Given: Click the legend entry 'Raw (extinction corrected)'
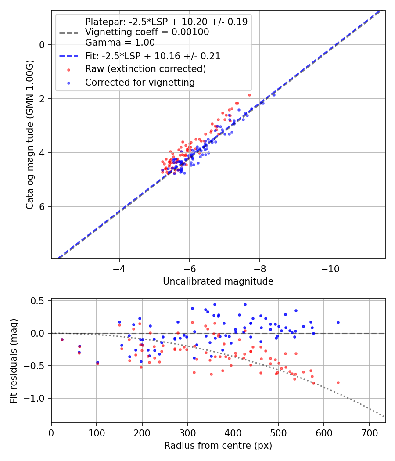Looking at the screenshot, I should coord(145,69).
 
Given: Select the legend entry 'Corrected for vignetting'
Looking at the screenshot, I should coord(140,82).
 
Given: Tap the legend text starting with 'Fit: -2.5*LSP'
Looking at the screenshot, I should coord(153,56).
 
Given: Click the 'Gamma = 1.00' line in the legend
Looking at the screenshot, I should coord(120,43).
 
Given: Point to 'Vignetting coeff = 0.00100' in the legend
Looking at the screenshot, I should coord(147,32).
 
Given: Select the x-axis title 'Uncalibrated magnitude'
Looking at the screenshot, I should coord(218,281).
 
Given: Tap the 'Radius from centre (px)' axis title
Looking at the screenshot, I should coord(218,446).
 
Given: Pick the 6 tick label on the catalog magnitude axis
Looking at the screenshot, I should coord(42,207).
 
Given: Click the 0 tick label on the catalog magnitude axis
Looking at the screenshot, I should coord(42,45).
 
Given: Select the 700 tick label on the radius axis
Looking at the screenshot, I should coord(369,432).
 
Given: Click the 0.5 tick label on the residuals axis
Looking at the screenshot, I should coord(39,301).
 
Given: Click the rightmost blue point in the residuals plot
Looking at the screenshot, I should coord(338,322).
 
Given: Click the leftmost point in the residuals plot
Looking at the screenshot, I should coord(62,339).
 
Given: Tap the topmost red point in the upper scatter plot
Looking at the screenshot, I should coord(249,95).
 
